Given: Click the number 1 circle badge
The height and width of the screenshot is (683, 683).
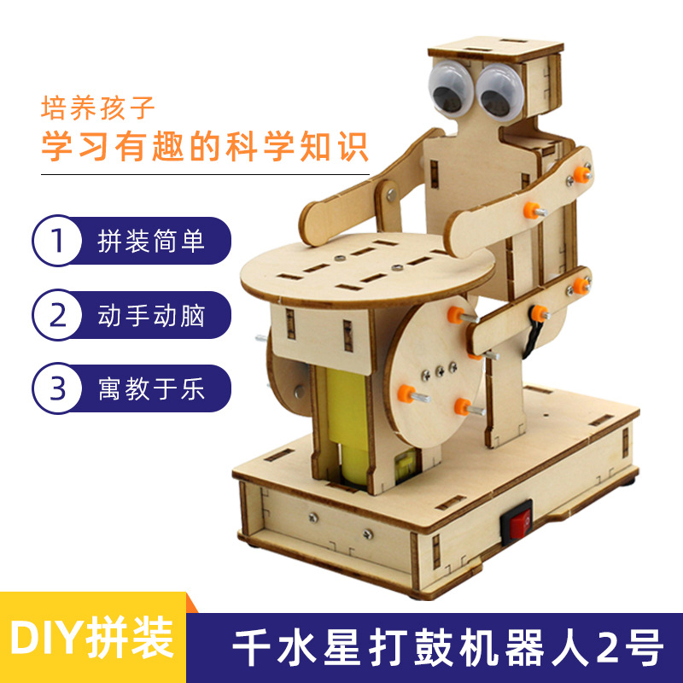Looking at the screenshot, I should pos(57,242).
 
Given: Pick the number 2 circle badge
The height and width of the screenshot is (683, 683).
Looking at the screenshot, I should pos(57,315).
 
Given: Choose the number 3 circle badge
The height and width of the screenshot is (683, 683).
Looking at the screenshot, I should pos(57,388).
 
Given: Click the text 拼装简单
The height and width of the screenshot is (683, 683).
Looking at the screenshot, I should pos(151,242).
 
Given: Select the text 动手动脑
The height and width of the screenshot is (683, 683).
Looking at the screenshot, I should pos(151,315).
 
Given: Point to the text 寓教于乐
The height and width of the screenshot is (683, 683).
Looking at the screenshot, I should pos(151,388).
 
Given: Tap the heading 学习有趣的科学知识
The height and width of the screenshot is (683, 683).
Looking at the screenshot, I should pos(205,145).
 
